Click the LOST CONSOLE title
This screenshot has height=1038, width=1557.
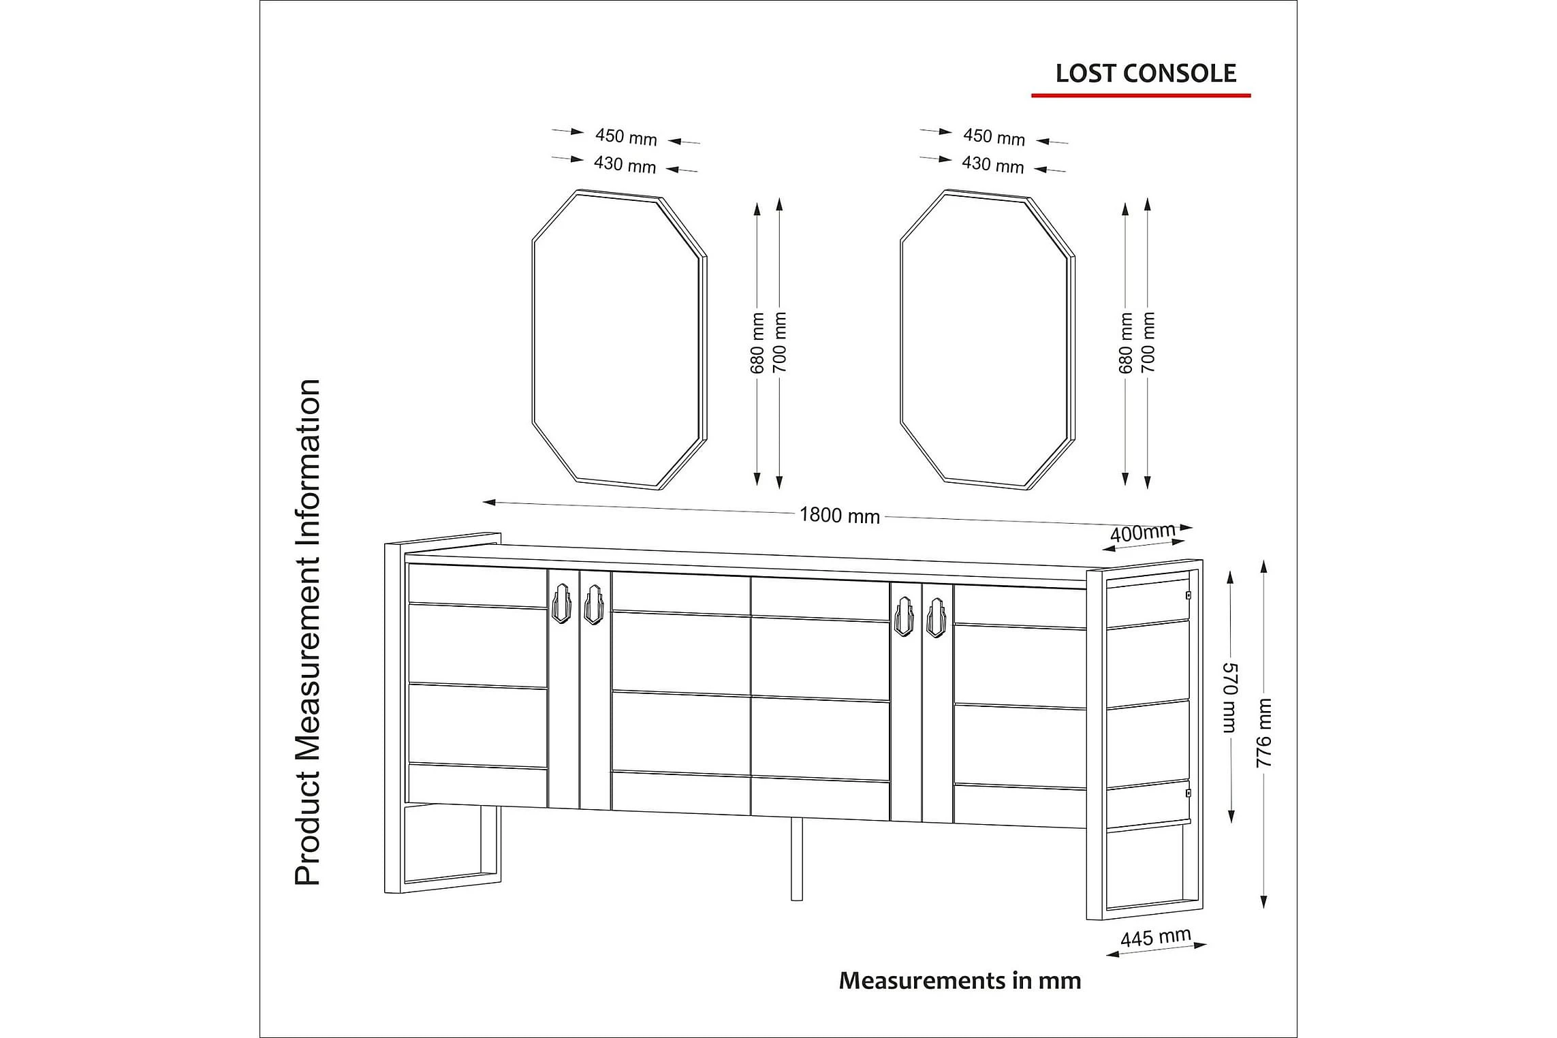click(x=1146, y=74)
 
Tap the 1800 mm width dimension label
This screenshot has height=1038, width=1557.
click(x=839, y=516)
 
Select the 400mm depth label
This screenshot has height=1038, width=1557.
click(x=1143, y=533)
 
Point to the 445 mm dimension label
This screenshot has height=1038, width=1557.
click(x=1156, y=938)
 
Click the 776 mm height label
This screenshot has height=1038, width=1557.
click(x=1264, y=733)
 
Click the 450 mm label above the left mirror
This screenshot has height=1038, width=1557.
click(x=626, y=137)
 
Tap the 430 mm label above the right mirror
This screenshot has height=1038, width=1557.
click(x=992, y=165)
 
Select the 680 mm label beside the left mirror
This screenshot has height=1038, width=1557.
click(x=758, y=343)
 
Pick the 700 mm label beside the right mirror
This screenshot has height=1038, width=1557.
click(x=1148, y=342)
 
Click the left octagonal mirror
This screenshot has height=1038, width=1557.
click(x=533, y=341)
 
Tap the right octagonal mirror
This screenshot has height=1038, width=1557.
click(x=901, y=341)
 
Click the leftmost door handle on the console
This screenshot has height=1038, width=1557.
click(x=561, y=603)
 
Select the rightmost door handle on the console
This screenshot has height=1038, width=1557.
click(x=936, y=617)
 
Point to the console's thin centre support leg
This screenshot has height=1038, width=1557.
click(x=796, y=858)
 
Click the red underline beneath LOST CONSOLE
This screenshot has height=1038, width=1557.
click(x=1141, y=95)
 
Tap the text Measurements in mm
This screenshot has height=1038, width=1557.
click(x=960, y=980)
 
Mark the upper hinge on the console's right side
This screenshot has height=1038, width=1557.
click(x=1189, y=595)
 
